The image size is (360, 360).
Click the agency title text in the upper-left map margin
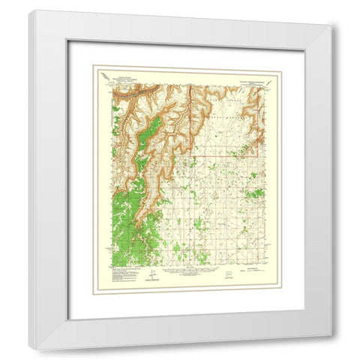tap(130, 77)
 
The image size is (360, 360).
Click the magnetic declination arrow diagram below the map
tap(153, 276)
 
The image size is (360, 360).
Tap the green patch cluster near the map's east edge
tap(256, 193)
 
